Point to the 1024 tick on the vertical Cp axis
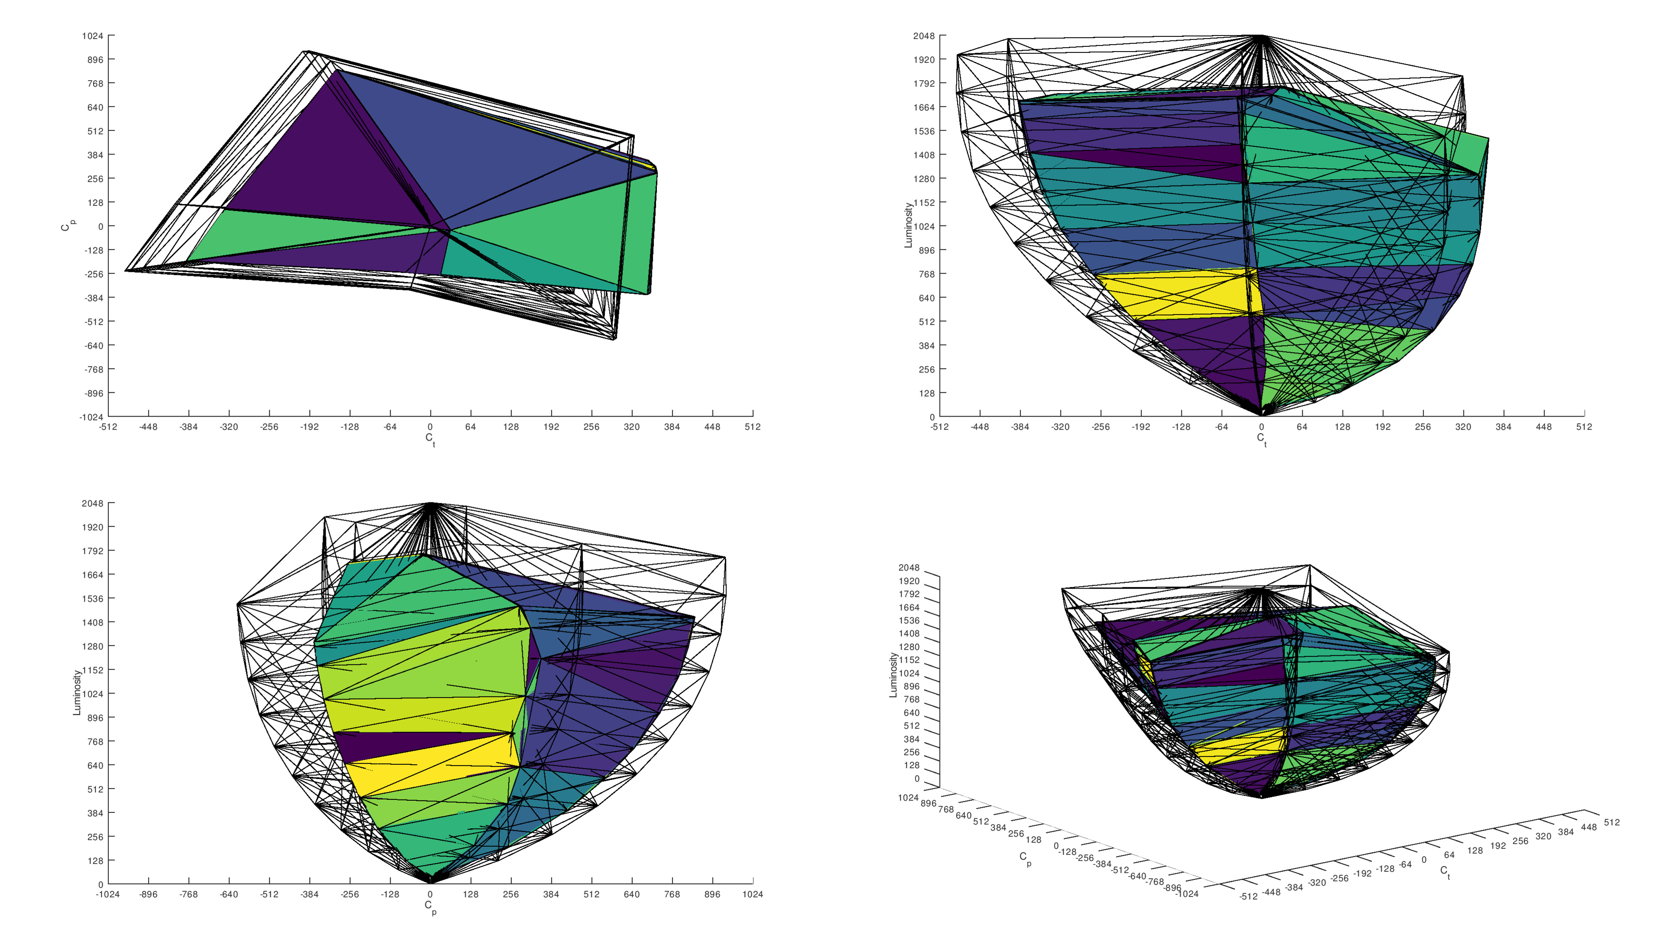coord(92,36)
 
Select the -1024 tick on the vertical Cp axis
coord(91,417)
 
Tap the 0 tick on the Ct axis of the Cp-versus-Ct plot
coord(430,427)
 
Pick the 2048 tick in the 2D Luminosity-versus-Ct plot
coord(924,36)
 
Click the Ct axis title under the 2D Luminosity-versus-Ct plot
coord(1262,440)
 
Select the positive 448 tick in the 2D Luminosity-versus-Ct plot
coord(1543,427)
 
